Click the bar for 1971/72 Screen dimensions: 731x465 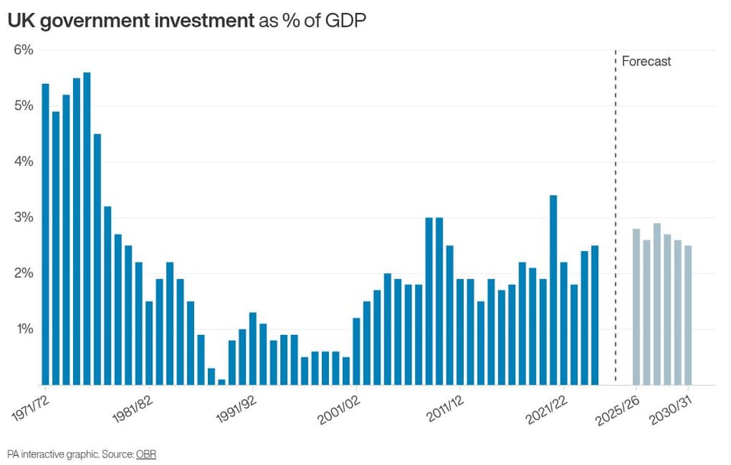(x=45, y=234)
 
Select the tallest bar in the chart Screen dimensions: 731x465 (x=87, y=229)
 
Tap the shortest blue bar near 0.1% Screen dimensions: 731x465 (x=222, y=383)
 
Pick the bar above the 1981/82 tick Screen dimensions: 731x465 (x=149, y=343)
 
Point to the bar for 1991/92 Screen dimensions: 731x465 (x=253, y=349)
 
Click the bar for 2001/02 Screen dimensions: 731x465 (x=356, y=352)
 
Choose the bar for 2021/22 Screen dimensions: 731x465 (x=563, y=323)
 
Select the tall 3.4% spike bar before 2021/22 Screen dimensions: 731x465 (x=554, y=290)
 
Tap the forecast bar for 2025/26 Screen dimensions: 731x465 (x=637, y=307)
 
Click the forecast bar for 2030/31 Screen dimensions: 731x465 (x=688, y=315)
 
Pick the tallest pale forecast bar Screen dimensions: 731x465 (x=657, y=304)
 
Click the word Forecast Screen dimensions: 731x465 (x=646, y=61)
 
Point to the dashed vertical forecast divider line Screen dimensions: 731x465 (x=615, y=218)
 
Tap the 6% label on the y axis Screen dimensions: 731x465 (x=24, y=50)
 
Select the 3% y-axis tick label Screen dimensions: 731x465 (x=24, y=218)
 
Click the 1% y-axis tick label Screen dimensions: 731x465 (x=24, y=329)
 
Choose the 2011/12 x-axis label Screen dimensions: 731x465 (x=445, y=409)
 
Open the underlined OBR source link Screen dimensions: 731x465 (x=146, y=454)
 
